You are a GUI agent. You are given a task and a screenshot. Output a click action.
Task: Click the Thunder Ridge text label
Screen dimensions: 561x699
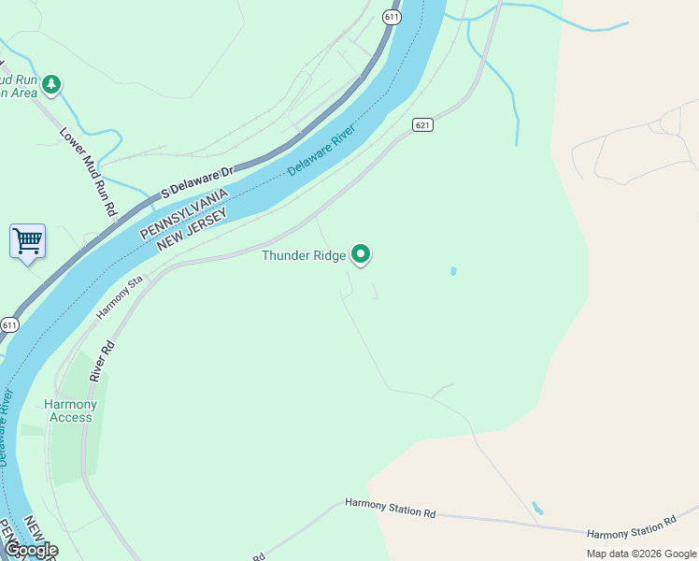pos(304,255)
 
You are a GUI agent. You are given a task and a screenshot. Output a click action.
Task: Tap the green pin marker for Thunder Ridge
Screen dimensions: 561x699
pos(361,253)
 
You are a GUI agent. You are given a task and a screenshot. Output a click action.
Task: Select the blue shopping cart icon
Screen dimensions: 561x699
pos(27,241)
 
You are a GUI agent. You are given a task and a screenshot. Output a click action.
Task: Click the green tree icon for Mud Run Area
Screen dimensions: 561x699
pos(51,85)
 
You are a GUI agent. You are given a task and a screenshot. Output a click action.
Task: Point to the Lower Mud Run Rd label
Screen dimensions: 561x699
pos(87,171)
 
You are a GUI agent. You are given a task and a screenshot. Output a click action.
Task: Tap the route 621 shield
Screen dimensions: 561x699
pos(423,124)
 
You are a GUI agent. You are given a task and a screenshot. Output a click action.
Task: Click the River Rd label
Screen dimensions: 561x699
pos(103,360)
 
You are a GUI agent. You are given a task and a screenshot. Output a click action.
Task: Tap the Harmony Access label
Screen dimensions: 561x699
pos(71,410)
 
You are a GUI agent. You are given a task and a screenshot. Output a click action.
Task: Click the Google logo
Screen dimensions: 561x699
pos(31,550)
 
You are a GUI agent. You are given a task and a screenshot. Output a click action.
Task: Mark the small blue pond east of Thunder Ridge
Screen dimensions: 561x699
pos(453,271)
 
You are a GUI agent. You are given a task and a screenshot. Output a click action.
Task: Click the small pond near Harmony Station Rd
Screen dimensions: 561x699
pos(536,509)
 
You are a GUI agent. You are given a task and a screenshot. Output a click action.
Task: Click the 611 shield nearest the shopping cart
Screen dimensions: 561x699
pos(9,325)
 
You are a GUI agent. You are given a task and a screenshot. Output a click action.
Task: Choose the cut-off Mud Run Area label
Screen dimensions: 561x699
pos(19,85)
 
